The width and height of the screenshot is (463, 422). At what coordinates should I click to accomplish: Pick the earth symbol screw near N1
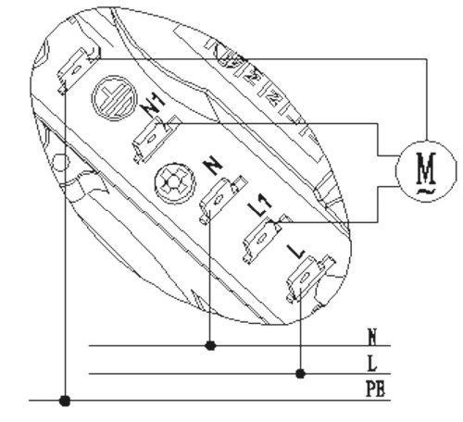109,97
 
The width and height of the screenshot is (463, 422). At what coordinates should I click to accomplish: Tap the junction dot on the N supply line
211,346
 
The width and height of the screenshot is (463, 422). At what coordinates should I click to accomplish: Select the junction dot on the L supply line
300,374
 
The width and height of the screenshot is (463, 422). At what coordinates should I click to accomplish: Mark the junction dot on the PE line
64,402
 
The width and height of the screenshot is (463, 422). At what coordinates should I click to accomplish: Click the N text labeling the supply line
371,336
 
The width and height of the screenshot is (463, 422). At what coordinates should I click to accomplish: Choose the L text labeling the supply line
371,364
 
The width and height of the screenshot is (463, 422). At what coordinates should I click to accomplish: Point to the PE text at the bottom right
374,389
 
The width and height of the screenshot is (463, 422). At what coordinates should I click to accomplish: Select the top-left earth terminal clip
73,69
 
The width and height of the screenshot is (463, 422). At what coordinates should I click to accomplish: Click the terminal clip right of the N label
219,195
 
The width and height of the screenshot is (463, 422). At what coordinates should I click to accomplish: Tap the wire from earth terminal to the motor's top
278,59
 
